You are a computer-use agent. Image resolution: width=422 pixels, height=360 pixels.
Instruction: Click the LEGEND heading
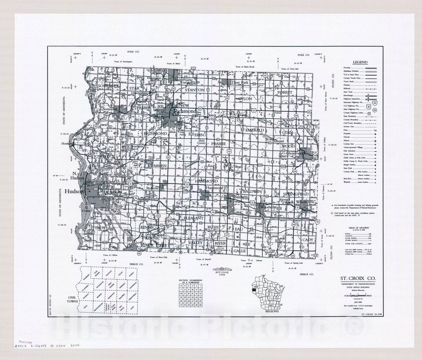point(360,62)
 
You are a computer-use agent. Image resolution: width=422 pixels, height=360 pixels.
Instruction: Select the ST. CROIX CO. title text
point(358,278)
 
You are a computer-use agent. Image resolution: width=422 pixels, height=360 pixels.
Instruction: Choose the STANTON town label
point(195,90)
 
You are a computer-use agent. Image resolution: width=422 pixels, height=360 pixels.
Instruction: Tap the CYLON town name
point(245,99)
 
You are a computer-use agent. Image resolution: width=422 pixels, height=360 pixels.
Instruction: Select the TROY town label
point(100,227)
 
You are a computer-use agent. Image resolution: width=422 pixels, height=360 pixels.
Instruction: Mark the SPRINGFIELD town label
point(296,194)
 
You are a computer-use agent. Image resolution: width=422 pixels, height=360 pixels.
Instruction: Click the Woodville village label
point(268,206)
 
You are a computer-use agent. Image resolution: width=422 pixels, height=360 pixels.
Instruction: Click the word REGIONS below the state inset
point(272,311)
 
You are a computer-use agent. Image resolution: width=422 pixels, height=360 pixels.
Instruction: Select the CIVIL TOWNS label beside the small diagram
point(65,299)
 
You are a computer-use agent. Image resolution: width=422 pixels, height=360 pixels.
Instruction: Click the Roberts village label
point(152,188)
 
